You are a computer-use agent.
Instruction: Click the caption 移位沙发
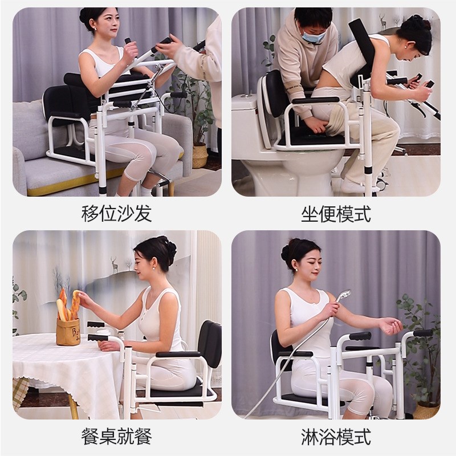[116, 214]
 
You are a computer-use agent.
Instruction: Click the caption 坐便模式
[336, 214]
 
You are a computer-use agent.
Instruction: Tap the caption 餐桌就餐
[116, 437]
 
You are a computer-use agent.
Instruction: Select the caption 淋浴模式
[336, 437]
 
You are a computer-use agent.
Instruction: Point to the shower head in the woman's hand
[342, 296]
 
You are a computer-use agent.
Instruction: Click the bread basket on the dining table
[68, 331]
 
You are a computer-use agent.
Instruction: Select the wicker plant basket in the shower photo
[426, 410]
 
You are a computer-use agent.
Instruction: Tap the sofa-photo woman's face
[109, 26]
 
